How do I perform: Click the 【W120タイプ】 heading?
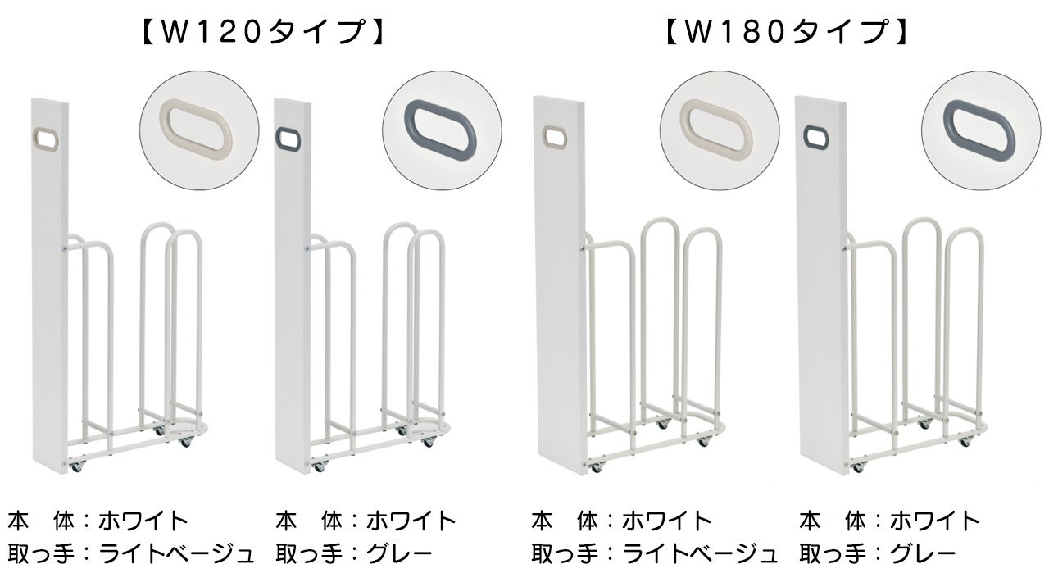261,33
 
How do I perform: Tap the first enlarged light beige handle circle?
199,130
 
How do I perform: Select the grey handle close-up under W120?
442,130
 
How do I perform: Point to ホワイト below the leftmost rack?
143,521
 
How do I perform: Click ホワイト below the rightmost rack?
935,521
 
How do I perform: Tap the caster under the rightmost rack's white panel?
858,466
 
